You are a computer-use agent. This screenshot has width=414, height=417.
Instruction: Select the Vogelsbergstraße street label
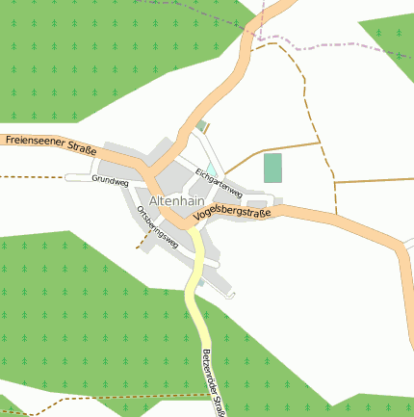232,213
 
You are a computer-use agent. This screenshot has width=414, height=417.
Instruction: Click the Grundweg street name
110,180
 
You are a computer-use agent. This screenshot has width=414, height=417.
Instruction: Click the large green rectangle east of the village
273,168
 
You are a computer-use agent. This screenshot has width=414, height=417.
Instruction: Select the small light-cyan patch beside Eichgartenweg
211,169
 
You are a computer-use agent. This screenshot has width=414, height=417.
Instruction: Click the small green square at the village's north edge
200,124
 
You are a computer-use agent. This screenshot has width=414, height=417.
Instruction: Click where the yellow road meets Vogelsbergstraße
190,231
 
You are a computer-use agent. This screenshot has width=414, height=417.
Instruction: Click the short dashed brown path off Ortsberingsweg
144,242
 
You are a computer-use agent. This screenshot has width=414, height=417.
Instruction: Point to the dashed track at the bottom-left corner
39,412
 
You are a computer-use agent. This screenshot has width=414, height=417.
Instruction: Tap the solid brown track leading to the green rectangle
289,147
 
